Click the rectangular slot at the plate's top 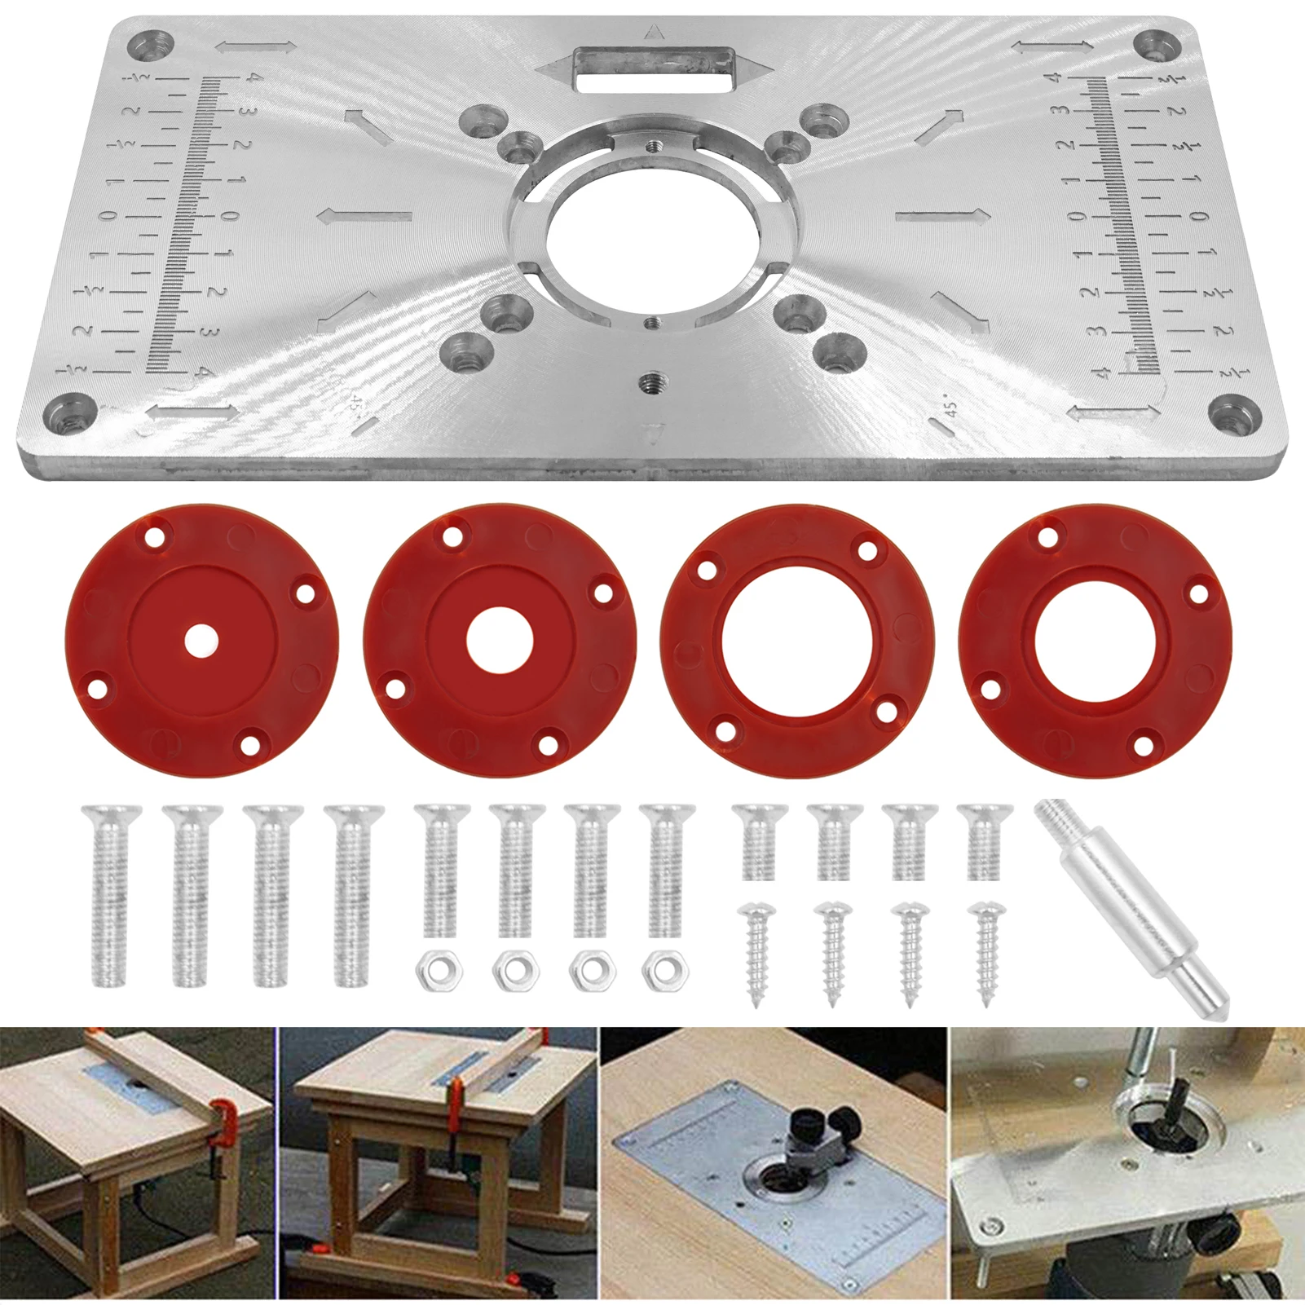pos(654,69)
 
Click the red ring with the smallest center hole pos(201,641)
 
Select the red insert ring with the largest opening pos(798,641)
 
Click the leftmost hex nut pos(439,971)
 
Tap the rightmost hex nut pos(665,971)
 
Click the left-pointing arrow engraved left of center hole pos(364,217)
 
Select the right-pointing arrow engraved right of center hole pos(942,216)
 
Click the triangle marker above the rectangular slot pos(653,33)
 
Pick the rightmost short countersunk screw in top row pos(984,841)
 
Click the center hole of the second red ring pos(500,641)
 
